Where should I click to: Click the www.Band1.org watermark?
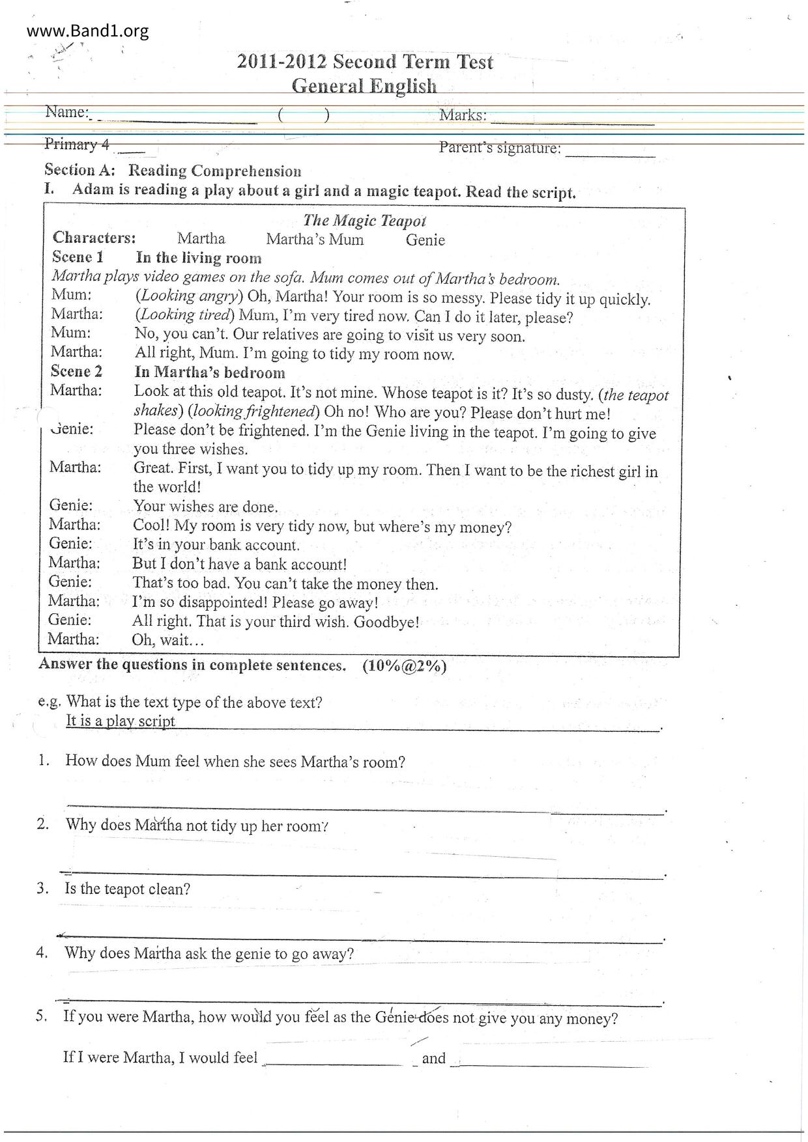point(88,31)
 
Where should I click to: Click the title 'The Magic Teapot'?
point(364,221)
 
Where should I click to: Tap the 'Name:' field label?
point(66,112)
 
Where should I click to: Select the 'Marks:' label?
point(463,115)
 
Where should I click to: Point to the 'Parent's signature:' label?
point(500,148)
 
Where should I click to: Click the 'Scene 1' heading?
point(78,257)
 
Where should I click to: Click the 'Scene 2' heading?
point(76,371)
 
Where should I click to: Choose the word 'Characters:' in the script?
point(94,237)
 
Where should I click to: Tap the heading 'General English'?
point(364,86)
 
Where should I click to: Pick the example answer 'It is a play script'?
point(121,721)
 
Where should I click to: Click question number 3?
point(42,888)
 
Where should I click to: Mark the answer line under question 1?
point(365,809)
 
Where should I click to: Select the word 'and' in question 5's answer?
point(433,1058)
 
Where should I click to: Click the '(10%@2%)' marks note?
point(405,666)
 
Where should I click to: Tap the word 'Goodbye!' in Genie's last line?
point(386,622)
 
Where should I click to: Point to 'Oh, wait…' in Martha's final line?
point(167,639)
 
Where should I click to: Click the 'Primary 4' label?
point(77,144)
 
